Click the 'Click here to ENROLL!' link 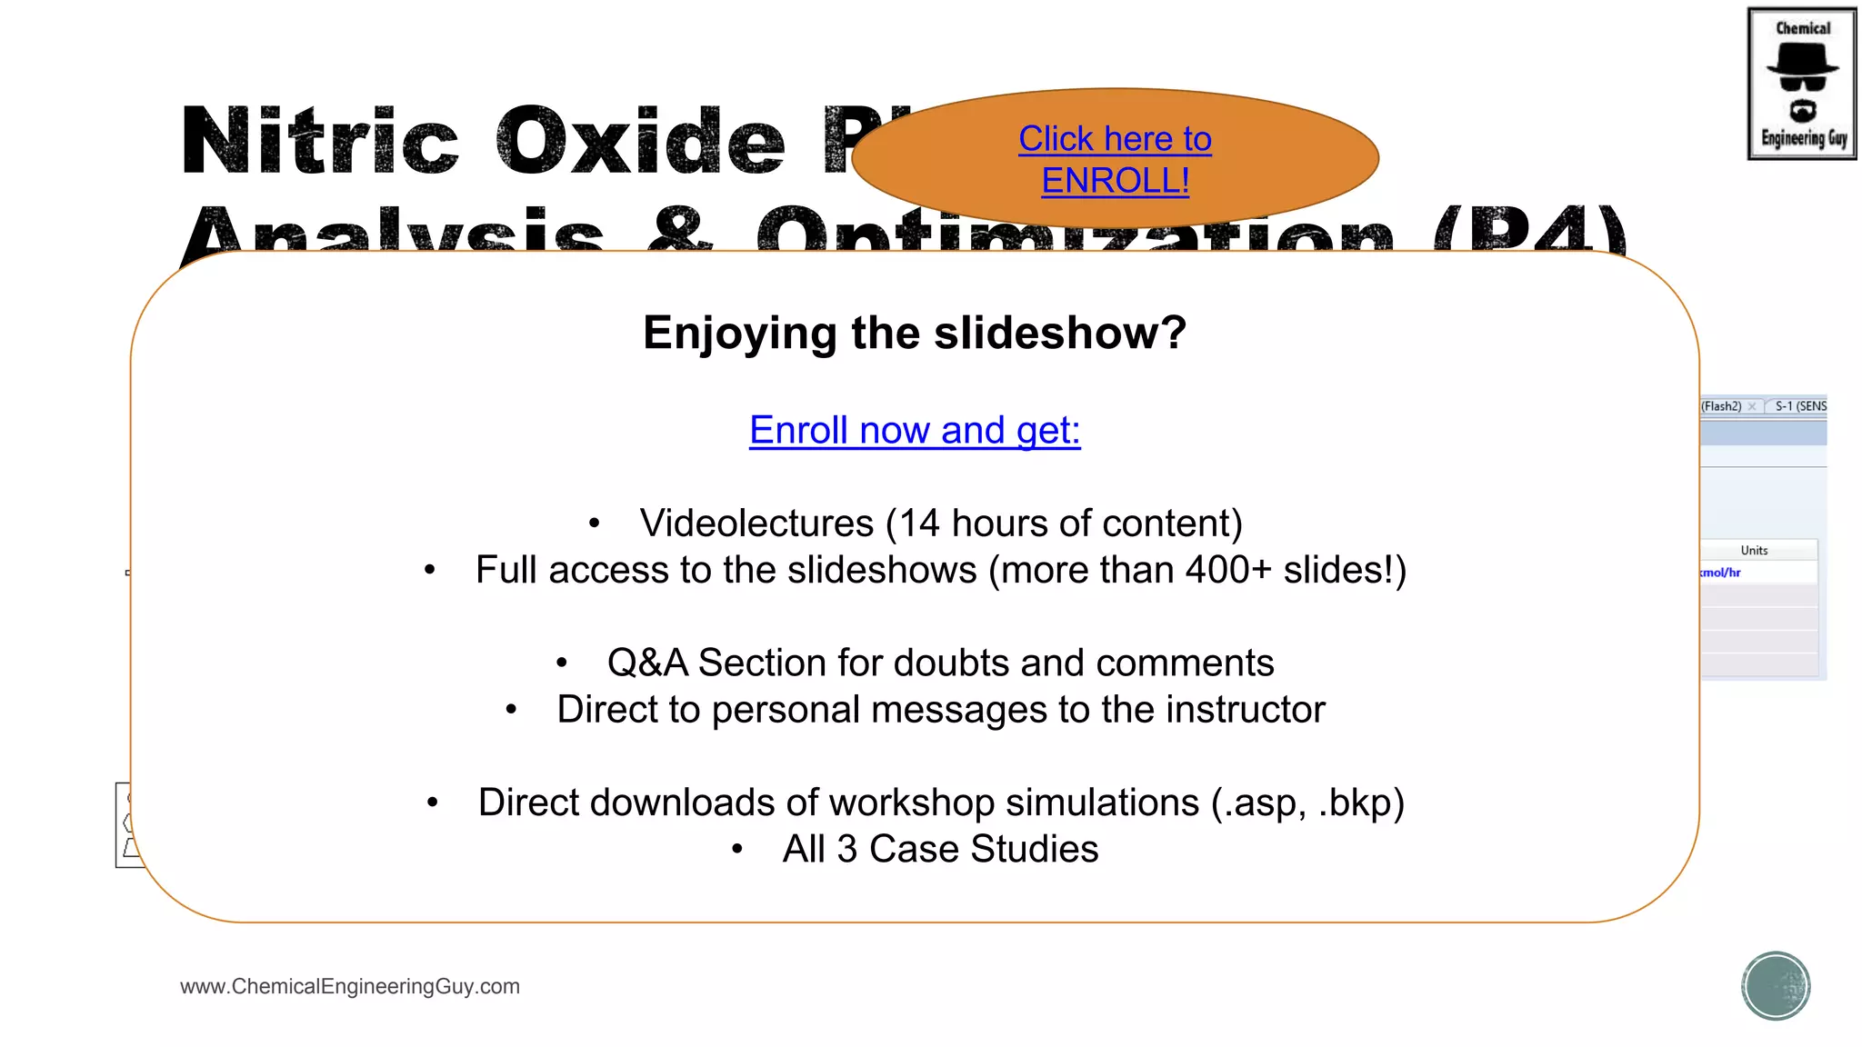click(x=1115, y=160)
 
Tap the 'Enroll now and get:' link click(x=915, y=430)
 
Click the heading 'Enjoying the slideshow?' click(x=915, y=333)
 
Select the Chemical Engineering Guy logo click(x=1802, y=85)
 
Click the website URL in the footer click(x=350, y=986)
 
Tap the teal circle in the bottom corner click(x=1776, y=985)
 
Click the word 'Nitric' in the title click(x=320, y=142)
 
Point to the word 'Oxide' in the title click(x=641, y=142)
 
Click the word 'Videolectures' click(x=756, y=523)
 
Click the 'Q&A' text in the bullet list click(x=647, y=663)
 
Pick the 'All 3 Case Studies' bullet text click(x=940, y=849)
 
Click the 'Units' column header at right click(x=1754, y=550)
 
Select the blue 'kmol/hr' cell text click(x=1720, y=573)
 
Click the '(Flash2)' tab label click(x=1721, y=406)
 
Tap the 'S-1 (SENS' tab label click(x=1800, y=406)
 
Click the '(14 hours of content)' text click(x=1064, y=523)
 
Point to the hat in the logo click(x=1802, y=61)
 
